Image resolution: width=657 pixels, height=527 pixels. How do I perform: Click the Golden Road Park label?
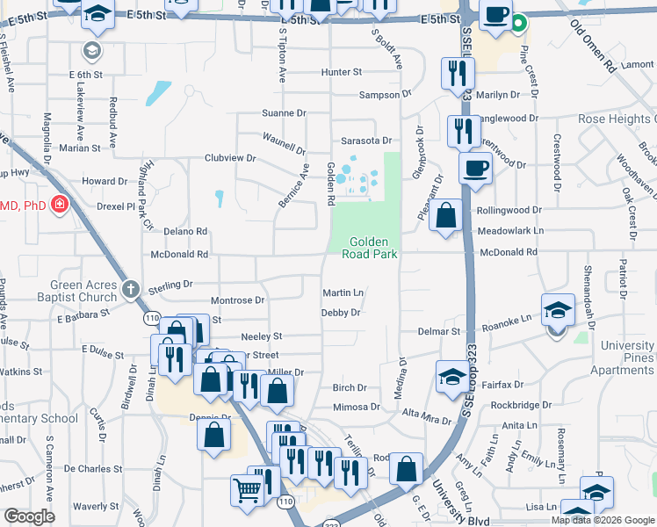tap(373, 248)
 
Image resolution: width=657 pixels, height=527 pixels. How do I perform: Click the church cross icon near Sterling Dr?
tap(130, 288)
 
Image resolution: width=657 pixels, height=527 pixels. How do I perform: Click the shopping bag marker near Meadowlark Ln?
tap(446, 214)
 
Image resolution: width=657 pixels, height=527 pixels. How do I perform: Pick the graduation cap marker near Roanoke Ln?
tap(557, 310)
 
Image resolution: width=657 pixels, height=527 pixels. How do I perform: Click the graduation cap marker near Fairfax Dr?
tap(451, 377)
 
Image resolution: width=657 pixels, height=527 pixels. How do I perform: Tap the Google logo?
tap(29, 516)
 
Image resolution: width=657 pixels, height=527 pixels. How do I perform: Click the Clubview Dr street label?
tap(229, 158)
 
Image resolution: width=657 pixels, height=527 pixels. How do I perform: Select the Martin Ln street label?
tap(343, 292)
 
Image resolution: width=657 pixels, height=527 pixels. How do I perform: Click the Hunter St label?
tap(341, 72)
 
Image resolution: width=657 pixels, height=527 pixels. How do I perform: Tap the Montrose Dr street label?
tap(237, 300)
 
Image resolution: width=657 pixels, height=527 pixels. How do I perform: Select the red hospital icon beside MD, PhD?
tap(59, 205)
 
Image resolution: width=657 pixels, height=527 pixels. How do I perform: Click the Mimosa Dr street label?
tap(356, 408)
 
